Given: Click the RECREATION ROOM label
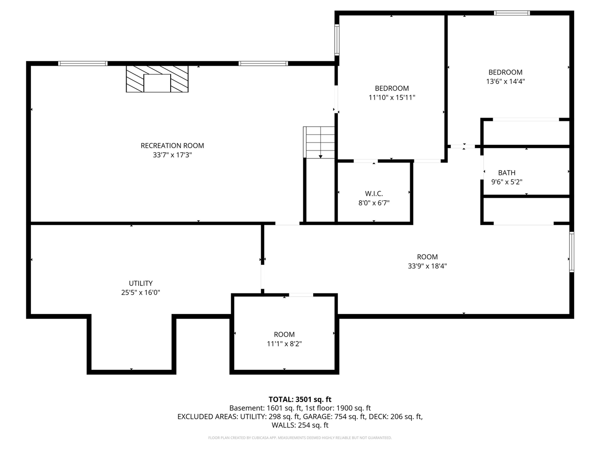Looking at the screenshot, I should point(172,146).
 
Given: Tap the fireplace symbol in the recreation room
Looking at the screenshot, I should point(157,79).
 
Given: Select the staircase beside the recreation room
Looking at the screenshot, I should point(320,142).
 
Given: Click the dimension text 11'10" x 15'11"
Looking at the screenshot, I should point(392,97).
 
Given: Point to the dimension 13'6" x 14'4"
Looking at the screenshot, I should point(505,81).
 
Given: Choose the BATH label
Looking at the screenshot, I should point(507,173).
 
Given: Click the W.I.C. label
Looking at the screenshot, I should point(374,194).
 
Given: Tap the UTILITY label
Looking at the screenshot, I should point(141,283).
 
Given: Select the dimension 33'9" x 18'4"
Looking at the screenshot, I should point(427,266).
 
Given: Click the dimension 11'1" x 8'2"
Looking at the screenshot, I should point(284,344).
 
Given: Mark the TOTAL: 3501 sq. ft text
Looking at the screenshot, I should point(300,399).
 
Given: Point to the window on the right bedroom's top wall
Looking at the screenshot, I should point(512,13).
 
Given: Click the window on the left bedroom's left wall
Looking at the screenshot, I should point(337,39).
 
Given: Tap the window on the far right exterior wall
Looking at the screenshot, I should point(571,252).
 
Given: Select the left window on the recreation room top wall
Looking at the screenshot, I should point(83,63).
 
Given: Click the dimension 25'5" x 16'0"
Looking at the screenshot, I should point(141,292).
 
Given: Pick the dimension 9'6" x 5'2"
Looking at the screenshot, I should point(507,182).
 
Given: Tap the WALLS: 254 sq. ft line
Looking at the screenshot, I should point(300,425).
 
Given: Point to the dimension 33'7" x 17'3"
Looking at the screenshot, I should point(172,155).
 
